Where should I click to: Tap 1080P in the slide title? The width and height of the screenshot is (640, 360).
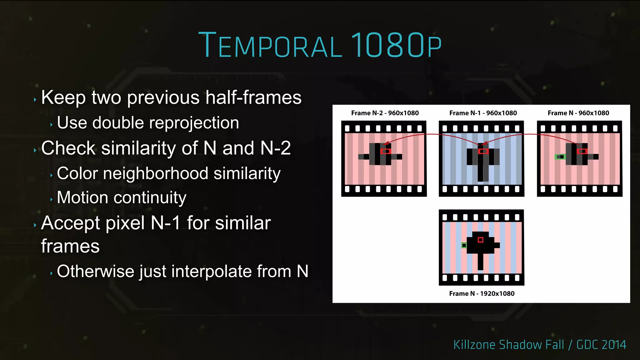[396, 45]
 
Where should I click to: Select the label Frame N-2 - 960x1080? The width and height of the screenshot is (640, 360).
[385, 113]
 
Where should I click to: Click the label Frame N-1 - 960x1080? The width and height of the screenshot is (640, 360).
[483, 113]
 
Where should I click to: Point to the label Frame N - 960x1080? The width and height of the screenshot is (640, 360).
[578, 113]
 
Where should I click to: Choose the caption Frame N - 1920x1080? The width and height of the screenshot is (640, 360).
[482, 293]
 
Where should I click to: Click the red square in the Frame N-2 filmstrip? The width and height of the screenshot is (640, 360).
[386, 151]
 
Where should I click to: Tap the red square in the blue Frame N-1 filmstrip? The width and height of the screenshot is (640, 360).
[483, 151]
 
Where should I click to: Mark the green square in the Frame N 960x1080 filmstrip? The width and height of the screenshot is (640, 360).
[560, 157]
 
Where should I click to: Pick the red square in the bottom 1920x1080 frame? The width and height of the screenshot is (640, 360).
[480, 240]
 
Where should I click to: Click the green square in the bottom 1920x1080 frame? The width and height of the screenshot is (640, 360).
[464, 245]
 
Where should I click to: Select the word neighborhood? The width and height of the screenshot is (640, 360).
[155, 173]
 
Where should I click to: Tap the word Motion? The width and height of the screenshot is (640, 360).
[82, 197]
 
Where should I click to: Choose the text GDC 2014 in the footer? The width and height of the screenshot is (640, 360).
[601, 345]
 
